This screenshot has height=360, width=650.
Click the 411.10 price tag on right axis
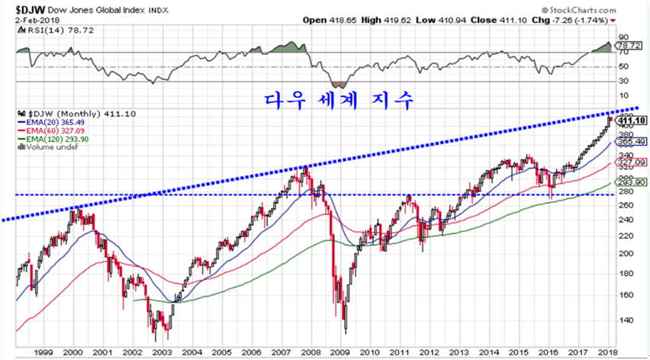633,121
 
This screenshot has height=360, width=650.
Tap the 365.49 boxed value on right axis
633,142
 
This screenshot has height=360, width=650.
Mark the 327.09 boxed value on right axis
633,162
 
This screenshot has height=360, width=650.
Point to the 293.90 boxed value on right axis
633,182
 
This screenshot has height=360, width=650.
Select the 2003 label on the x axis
161,352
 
